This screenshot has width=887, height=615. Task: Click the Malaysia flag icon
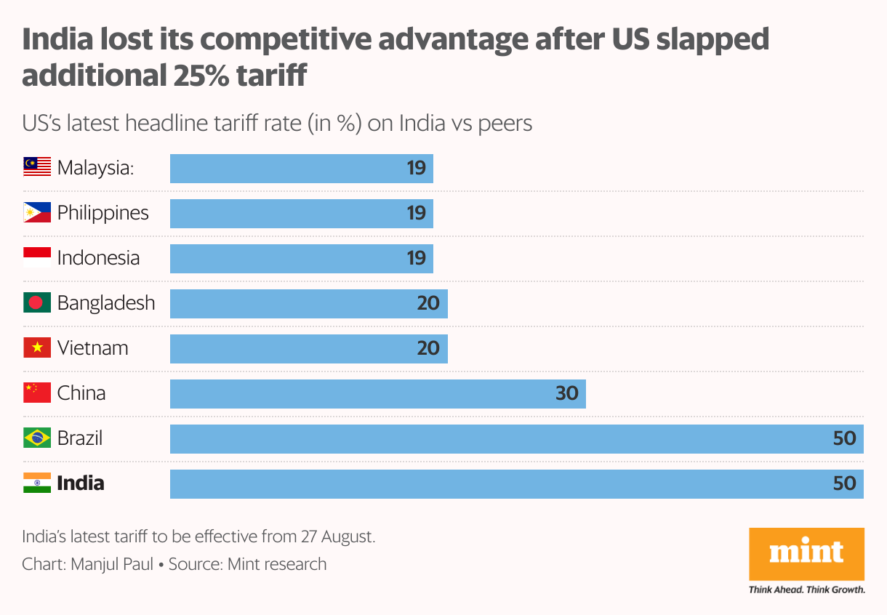click(x=37, y=168)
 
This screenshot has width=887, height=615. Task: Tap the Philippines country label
click(x=103, y=213)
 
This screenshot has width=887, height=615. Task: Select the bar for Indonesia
click(x=301, y=258)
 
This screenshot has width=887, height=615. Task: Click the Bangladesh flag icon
click(x=37, y=303)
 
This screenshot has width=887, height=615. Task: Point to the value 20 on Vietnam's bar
click(x=428, y=348)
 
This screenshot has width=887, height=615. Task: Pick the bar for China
click(x=377, y=393)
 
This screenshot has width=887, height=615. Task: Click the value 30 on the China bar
click(x=566, y=393)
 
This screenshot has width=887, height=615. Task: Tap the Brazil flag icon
click(x=37, y=438)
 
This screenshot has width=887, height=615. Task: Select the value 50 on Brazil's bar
click(x=844, y=438)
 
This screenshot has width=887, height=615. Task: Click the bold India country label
click(x=81, y=483)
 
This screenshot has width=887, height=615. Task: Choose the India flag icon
click(x=37, y=483)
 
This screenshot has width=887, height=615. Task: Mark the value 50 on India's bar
click(x=844, y=483)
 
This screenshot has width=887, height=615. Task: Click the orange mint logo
click(x=806, y=554)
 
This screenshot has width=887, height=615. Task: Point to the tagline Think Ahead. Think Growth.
click(x=806, y=590)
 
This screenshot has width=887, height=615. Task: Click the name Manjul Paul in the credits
click(x=112, y=564)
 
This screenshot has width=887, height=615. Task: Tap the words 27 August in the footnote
click(x=337, y=537)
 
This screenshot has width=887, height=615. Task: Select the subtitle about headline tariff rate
click(x=277, y=123)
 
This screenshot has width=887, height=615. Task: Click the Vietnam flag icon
click(x=37, y=348)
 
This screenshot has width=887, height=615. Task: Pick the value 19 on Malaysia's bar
click(x=416, y=168)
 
